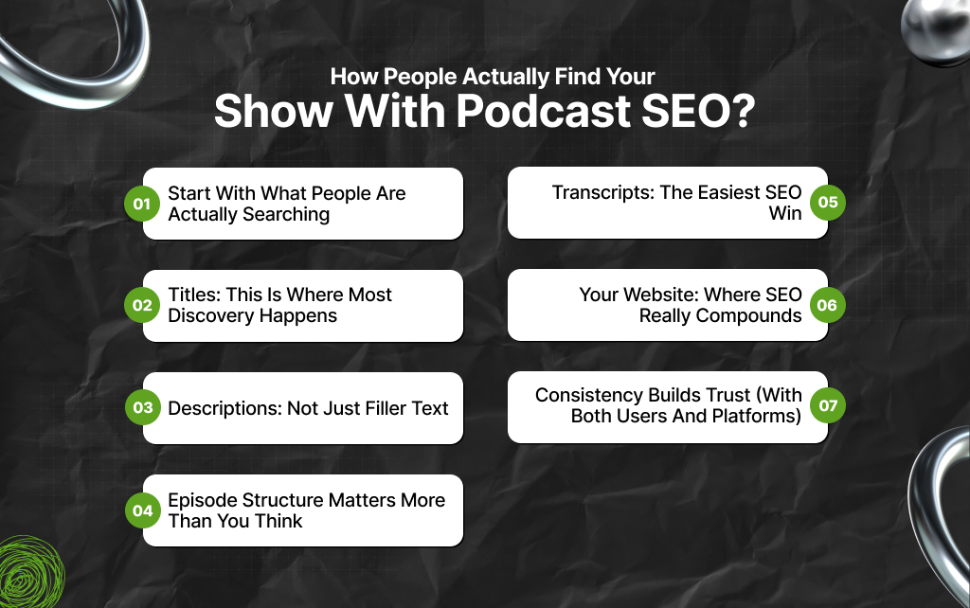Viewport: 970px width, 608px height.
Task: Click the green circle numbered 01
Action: (x=142, y=204)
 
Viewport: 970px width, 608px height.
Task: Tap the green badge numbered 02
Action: (x=142, y=306)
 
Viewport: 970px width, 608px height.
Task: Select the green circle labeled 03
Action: (x=142, y=408)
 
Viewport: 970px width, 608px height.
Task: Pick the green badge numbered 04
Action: (x=142, y=510)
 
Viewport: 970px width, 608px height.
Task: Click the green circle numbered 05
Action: (x=828, y=203)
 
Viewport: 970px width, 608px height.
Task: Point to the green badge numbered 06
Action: (x=828, y=305)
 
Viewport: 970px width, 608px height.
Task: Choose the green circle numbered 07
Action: (x=828, y=406)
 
